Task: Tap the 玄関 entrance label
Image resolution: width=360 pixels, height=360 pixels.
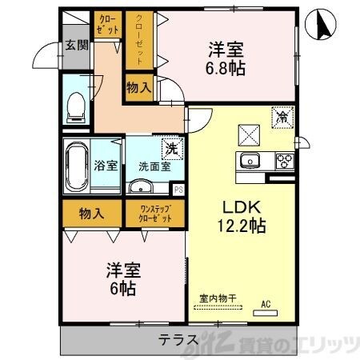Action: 76,45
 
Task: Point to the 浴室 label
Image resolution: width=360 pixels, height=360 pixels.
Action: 107,166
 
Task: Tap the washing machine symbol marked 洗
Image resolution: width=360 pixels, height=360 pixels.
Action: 170,148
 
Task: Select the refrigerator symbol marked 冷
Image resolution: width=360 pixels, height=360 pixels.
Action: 282,115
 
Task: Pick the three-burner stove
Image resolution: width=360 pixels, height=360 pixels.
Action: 286,159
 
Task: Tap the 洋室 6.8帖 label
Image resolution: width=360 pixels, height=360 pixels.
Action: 224,58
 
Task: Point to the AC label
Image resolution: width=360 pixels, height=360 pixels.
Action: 266,304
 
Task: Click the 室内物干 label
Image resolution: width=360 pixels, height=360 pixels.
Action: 218,298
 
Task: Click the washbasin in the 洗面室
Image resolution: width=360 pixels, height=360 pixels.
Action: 141,188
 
